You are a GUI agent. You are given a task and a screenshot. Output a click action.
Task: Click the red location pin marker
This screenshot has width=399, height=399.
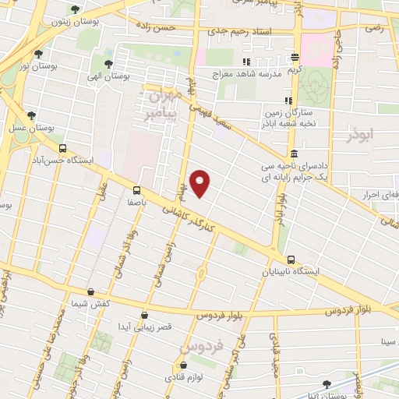200,182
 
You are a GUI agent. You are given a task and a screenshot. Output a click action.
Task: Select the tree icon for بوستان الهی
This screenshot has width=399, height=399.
107,65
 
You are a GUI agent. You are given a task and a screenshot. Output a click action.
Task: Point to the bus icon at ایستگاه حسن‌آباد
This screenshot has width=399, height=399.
62,148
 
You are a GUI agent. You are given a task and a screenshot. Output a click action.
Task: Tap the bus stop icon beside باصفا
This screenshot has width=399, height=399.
137,189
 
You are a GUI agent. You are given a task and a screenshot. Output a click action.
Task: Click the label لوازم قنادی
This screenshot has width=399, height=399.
184,376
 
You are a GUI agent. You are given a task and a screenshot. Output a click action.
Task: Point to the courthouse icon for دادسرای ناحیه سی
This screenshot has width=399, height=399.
293,154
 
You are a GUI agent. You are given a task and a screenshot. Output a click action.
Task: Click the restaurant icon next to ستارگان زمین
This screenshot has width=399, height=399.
288,100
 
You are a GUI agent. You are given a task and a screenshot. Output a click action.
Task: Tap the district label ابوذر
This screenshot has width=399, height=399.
361,135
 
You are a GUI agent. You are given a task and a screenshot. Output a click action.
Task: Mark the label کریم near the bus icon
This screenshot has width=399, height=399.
294,69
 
